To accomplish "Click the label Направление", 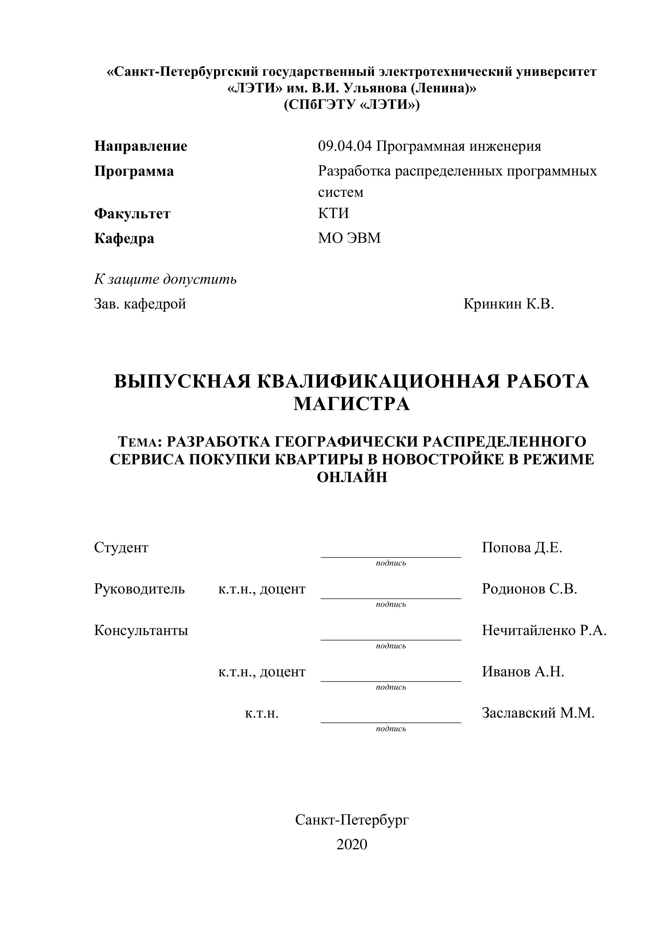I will (x=141, y=146).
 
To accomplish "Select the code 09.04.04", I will (x=345, y=146).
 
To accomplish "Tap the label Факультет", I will (x=132, y=213).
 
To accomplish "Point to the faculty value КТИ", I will (x=333, y=213).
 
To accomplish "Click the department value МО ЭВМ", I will (x=349, y=238).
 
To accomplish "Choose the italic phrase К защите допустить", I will (x=166, y=279).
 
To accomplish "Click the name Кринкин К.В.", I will (x=509, y=304).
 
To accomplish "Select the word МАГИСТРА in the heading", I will (x=352, y=404).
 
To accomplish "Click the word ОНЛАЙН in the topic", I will (x=352, y=478).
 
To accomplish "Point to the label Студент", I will (x=121, y=548).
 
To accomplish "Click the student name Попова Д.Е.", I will (x=522, y=548).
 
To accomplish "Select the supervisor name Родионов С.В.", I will (x=529, y=589).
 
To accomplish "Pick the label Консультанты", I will (x=141, y=631).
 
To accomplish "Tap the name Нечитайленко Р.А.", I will (x=544, y=631).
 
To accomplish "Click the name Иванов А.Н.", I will (x=523, y=672).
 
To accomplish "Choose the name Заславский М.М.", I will (x=538, y=713).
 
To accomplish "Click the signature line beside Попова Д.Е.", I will (x=391, y=557).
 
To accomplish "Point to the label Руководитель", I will (x=139, y=589).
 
